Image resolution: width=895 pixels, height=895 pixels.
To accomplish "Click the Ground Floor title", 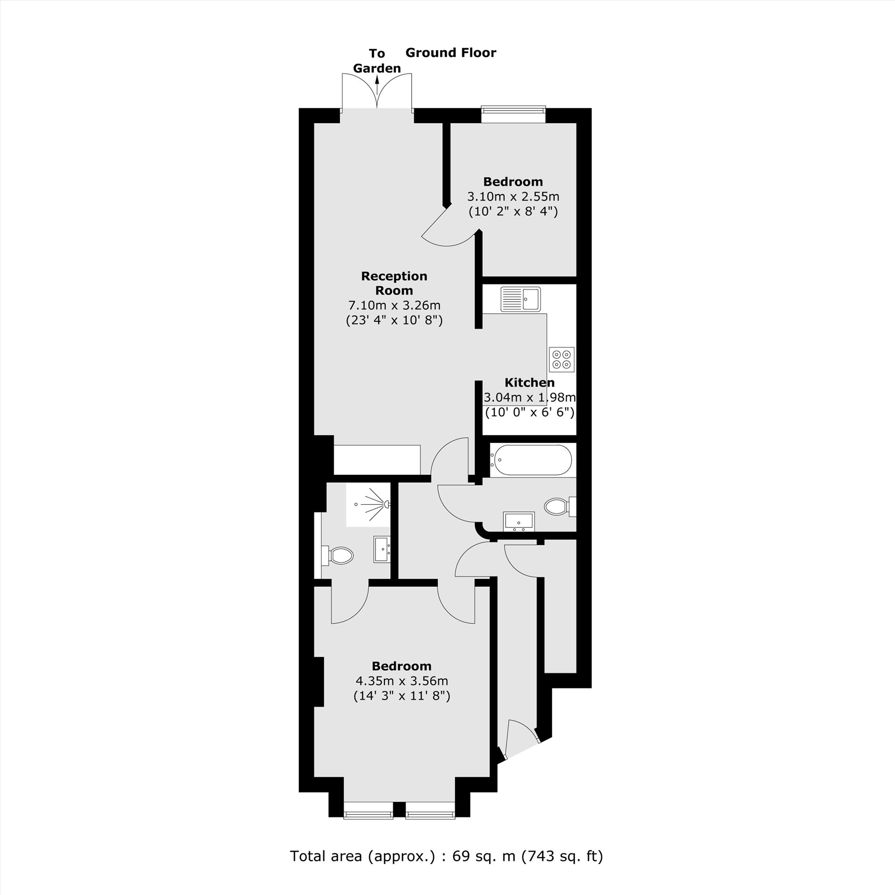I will (450, 53).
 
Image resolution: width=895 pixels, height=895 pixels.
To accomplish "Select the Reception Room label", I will (394, 283).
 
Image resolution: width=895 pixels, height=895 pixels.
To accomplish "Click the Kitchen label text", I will (529, 383).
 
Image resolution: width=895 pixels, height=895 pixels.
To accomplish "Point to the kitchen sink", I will (520, 299).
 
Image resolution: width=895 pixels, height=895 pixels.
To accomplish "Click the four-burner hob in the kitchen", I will (562, 359).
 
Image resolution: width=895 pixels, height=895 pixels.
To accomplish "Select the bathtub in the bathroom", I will (532, 460).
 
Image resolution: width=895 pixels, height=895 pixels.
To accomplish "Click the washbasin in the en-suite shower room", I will (382, 550).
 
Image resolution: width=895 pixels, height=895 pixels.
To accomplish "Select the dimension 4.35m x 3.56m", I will (402, 681).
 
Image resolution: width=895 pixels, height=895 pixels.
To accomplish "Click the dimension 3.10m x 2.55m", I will (513, 196).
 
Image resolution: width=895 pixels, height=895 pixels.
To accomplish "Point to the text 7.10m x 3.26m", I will (394, 305).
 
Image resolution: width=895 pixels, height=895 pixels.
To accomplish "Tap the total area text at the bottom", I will (447, 856).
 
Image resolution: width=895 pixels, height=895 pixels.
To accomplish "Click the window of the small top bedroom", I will (513, 109).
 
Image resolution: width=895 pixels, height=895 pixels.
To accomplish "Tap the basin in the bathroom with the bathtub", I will (519, 521).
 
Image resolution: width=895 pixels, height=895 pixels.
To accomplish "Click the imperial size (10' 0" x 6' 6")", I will (529, 412).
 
